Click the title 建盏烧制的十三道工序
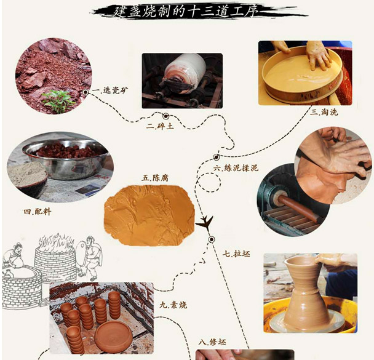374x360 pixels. [186, 11]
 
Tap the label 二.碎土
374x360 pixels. [160, 126]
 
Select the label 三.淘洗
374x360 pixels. [324, 112]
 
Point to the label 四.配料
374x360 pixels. [37, 212]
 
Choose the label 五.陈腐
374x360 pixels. [155, 178]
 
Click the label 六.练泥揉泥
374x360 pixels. [236, 168]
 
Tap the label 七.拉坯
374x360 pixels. [236, 254]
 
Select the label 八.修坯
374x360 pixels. [212, 342]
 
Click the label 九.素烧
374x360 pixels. [173, 305]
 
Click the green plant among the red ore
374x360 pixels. [58, 101]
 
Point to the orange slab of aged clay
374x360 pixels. [149, 215]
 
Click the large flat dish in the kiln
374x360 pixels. [114, 336]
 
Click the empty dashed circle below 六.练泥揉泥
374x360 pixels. [209, 183]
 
